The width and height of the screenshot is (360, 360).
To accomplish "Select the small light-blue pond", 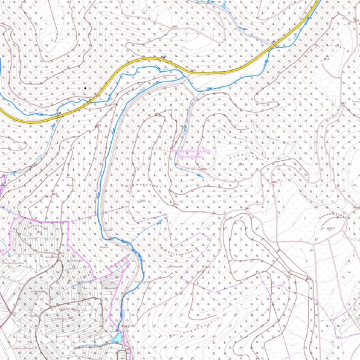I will [118, 337].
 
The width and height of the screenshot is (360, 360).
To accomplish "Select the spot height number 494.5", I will [330, 228].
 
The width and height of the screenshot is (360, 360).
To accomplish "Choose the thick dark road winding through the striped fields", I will [60, 290].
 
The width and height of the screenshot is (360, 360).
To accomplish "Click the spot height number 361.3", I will [193, 71].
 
